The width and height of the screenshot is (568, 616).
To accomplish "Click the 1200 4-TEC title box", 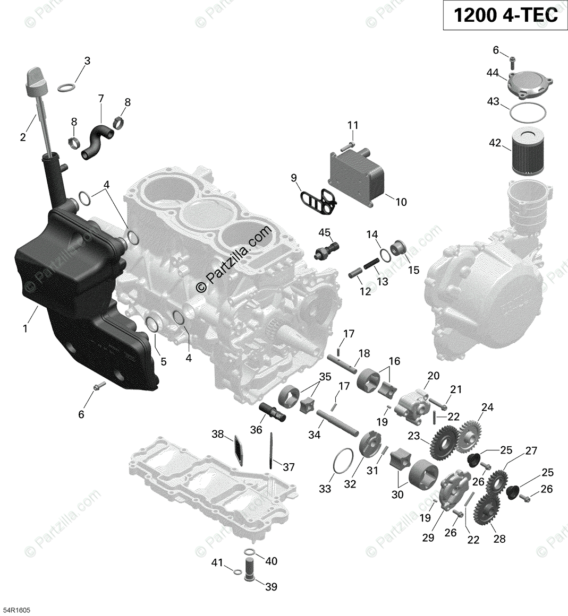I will (x=505, y=15).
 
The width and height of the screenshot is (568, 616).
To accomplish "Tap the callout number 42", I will (x=495, y=142).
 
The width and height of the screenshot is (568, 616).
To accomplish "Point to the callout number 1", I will (x=24, y=328).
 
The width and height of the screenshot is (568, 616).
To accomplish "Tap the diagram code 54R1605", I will (x=16, y=610).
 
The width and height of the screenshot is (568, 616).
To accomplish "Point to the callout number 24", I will (x=487, y=407).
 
